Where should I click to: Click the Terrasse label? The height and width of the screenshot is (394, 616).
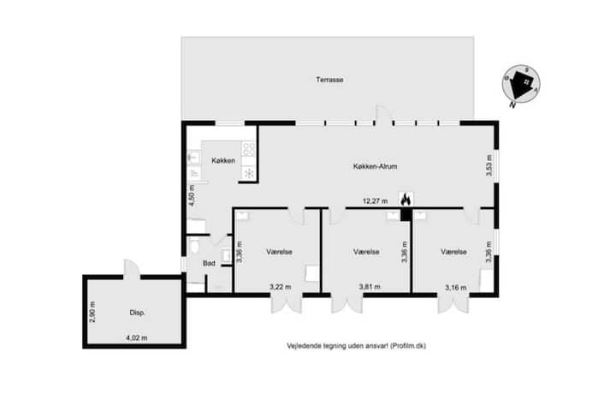pyautogui.click(x=329, y=80)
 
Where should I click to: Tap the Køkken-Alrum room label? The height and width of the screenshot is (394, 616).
pyautogui.click(x=376, y=166)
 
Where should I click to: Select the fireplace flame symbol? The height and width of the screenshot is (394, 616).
pyautogui.click(x=406, y=200)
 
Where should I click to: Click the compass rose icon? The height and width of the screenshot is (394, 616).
pyautogui.click(x=521, y=85)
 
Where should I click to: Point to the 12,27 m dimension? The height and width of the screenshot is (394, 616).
pyautogui.click(x=376, y=201)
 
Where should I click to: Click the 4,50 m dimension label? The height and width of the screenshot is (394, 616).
pyautogui.click(x=192, y=195)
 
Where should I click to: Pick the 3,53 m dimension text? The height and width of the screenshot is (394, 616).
pyautogui.click(x=489, y=165)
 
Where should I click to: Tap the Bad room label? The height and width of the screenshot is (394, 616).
pyautogui.click(x=209, y=263)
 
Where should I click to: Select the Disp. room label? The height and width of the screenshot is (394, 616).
pyautogui.click(x=138, y=313)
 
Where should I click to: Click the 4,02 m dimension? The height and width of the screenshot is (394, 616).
pyautogui.click(x=137, y=337)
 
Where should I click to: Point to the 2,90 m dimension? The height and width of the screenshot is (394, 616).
pyautogui.click(x=92, y=312)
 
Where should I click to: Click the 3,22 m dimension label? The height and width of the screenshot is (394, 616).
pyautogui.click(x=281, y=287)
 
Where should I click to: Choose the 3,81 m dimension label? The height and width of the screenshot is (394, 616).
pyautogui.click(x=370, y=287)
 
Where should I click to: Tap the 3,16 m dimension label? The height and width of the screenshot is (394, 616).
pyautogui.click(x=456, y=288)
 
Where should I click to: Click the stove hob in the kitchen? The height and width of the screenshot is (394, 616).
pyautogui.click(x=249, y=149)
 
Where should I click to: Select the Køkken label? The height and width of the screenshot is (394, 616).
pyautogui.click(x=223, y=160)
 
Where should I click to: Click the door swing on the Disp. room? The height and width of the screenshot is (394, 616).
pyautogui.click(x=132, y=270)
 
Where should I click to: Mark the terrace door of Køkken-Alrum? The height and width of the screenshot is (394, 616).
pyautogui.click(x=384, y=116)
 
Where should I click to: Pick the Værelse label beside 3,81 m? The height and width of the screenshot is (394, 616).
pyautogui.click(x=366, y=252)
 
